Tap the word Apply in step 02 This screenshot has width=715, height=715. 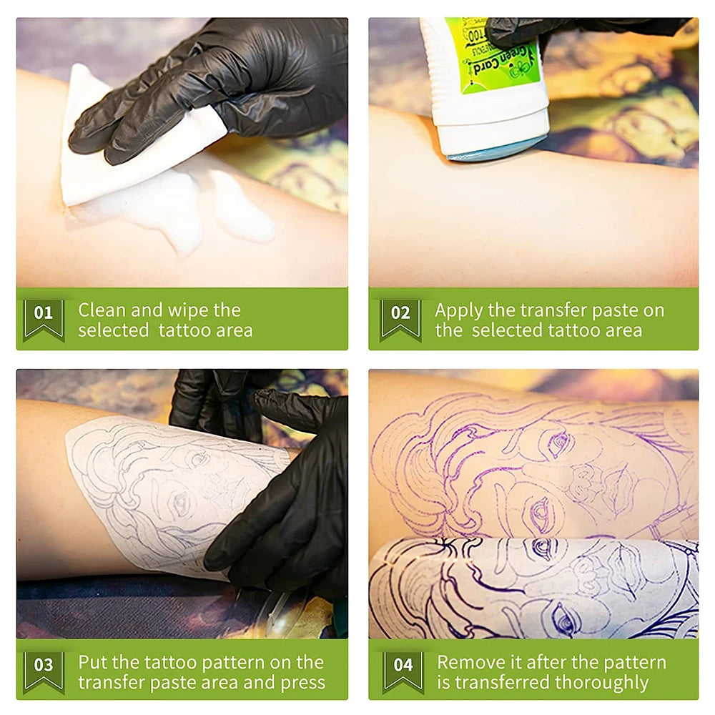tap(458, 310)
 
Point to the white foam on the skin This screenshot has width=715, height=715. tap(243, 214)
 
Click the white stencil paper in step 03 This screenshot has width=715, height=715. tap(143, 486)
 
